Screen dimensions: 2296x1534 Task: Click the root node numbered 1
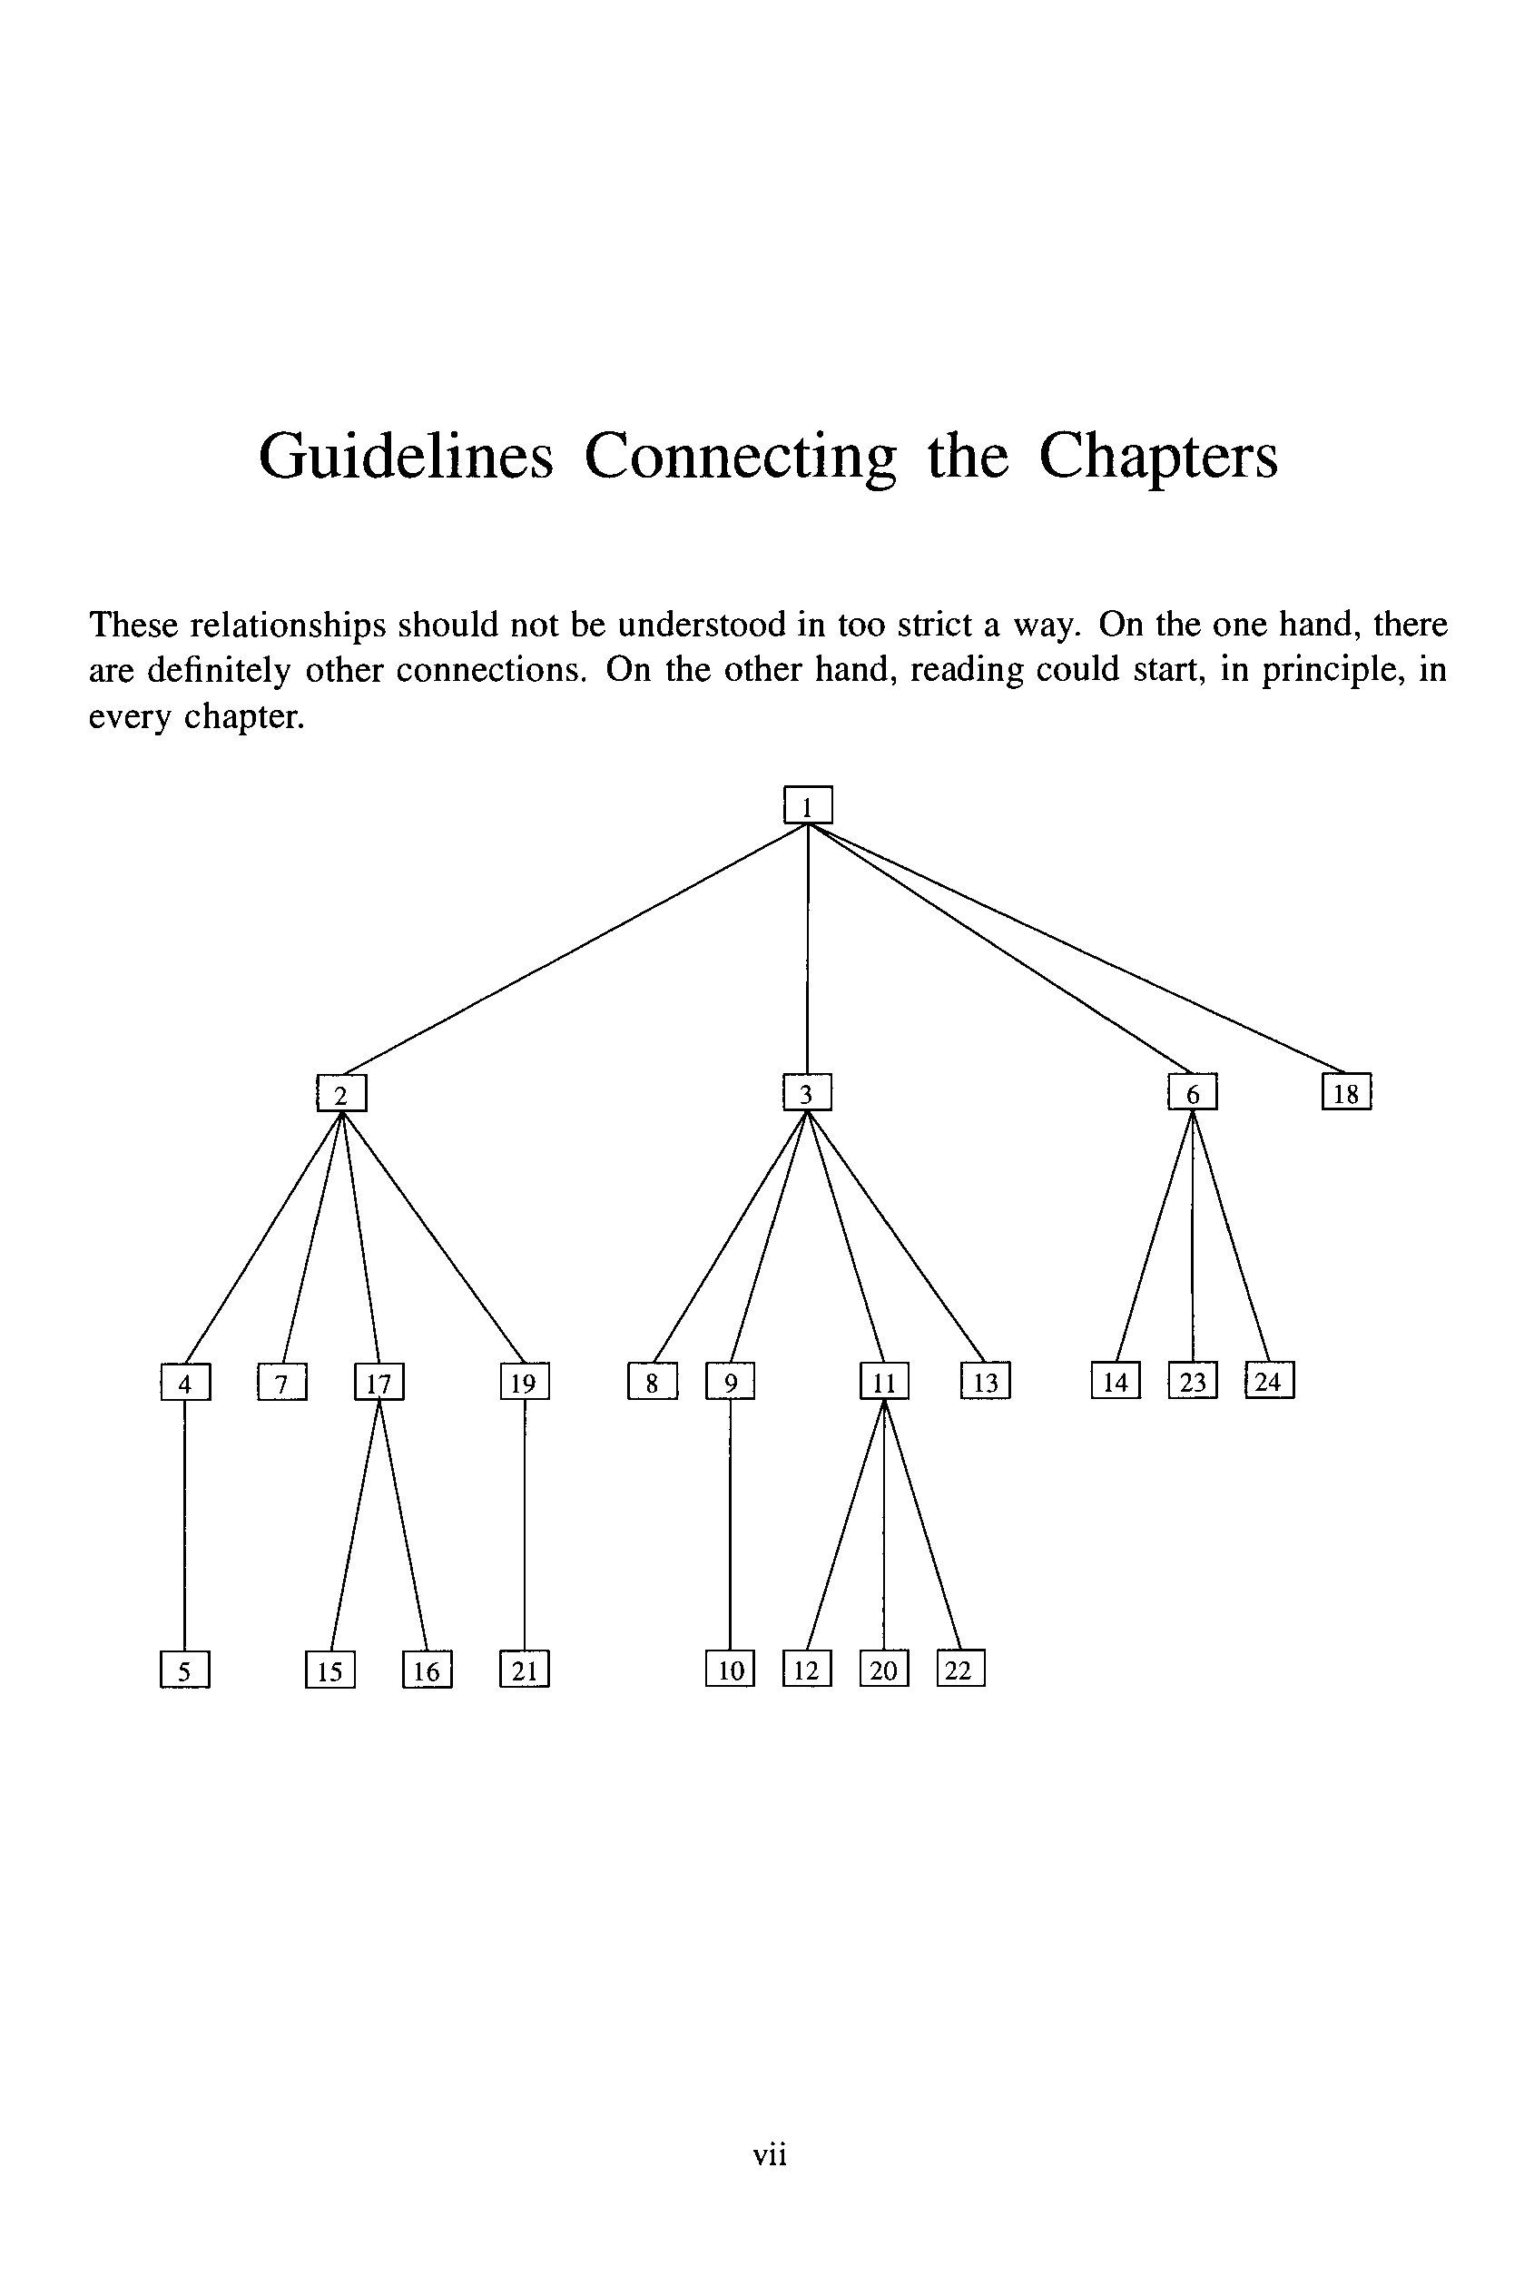[x=808, y=805]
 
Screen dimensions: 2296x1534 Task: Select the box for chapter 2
[x=341, y=1094]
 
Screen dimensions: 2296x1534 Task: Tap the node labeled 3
[x=807, y=1093]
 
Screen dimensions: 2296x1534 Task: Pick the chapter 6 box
[x=1193, y=1093]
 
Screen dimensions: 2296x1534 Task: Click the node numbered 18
[x=1346, y=1093]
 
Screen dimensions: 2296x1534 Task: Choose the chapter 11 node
[x=884, y=1381]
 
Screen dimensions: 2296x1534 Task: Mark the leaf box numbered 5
[x=185, y=1670]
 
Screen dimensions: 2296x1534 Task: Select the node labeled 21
[x=525, y=1669]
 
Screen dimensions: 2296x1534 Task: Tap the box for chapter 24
[x=1269, y=1380]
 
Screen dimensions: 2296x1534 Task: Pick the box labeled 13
[x=985, y=1381]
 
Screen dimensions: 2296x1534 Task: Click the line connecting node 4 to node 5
[x=185, y=1526]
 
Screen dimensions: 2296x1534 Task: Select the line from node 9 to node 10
[x=730, y=1526]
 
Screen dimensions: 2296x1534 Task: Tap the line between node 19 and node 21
[x=525, y=1526]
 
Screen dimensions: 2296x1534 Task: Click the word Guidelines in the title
[x=406, y=457]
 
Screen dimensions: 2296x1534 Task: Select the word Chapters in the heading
[x=1157, y=457]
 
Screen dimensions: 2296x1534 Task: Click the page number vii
[x=770, y=2154]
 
